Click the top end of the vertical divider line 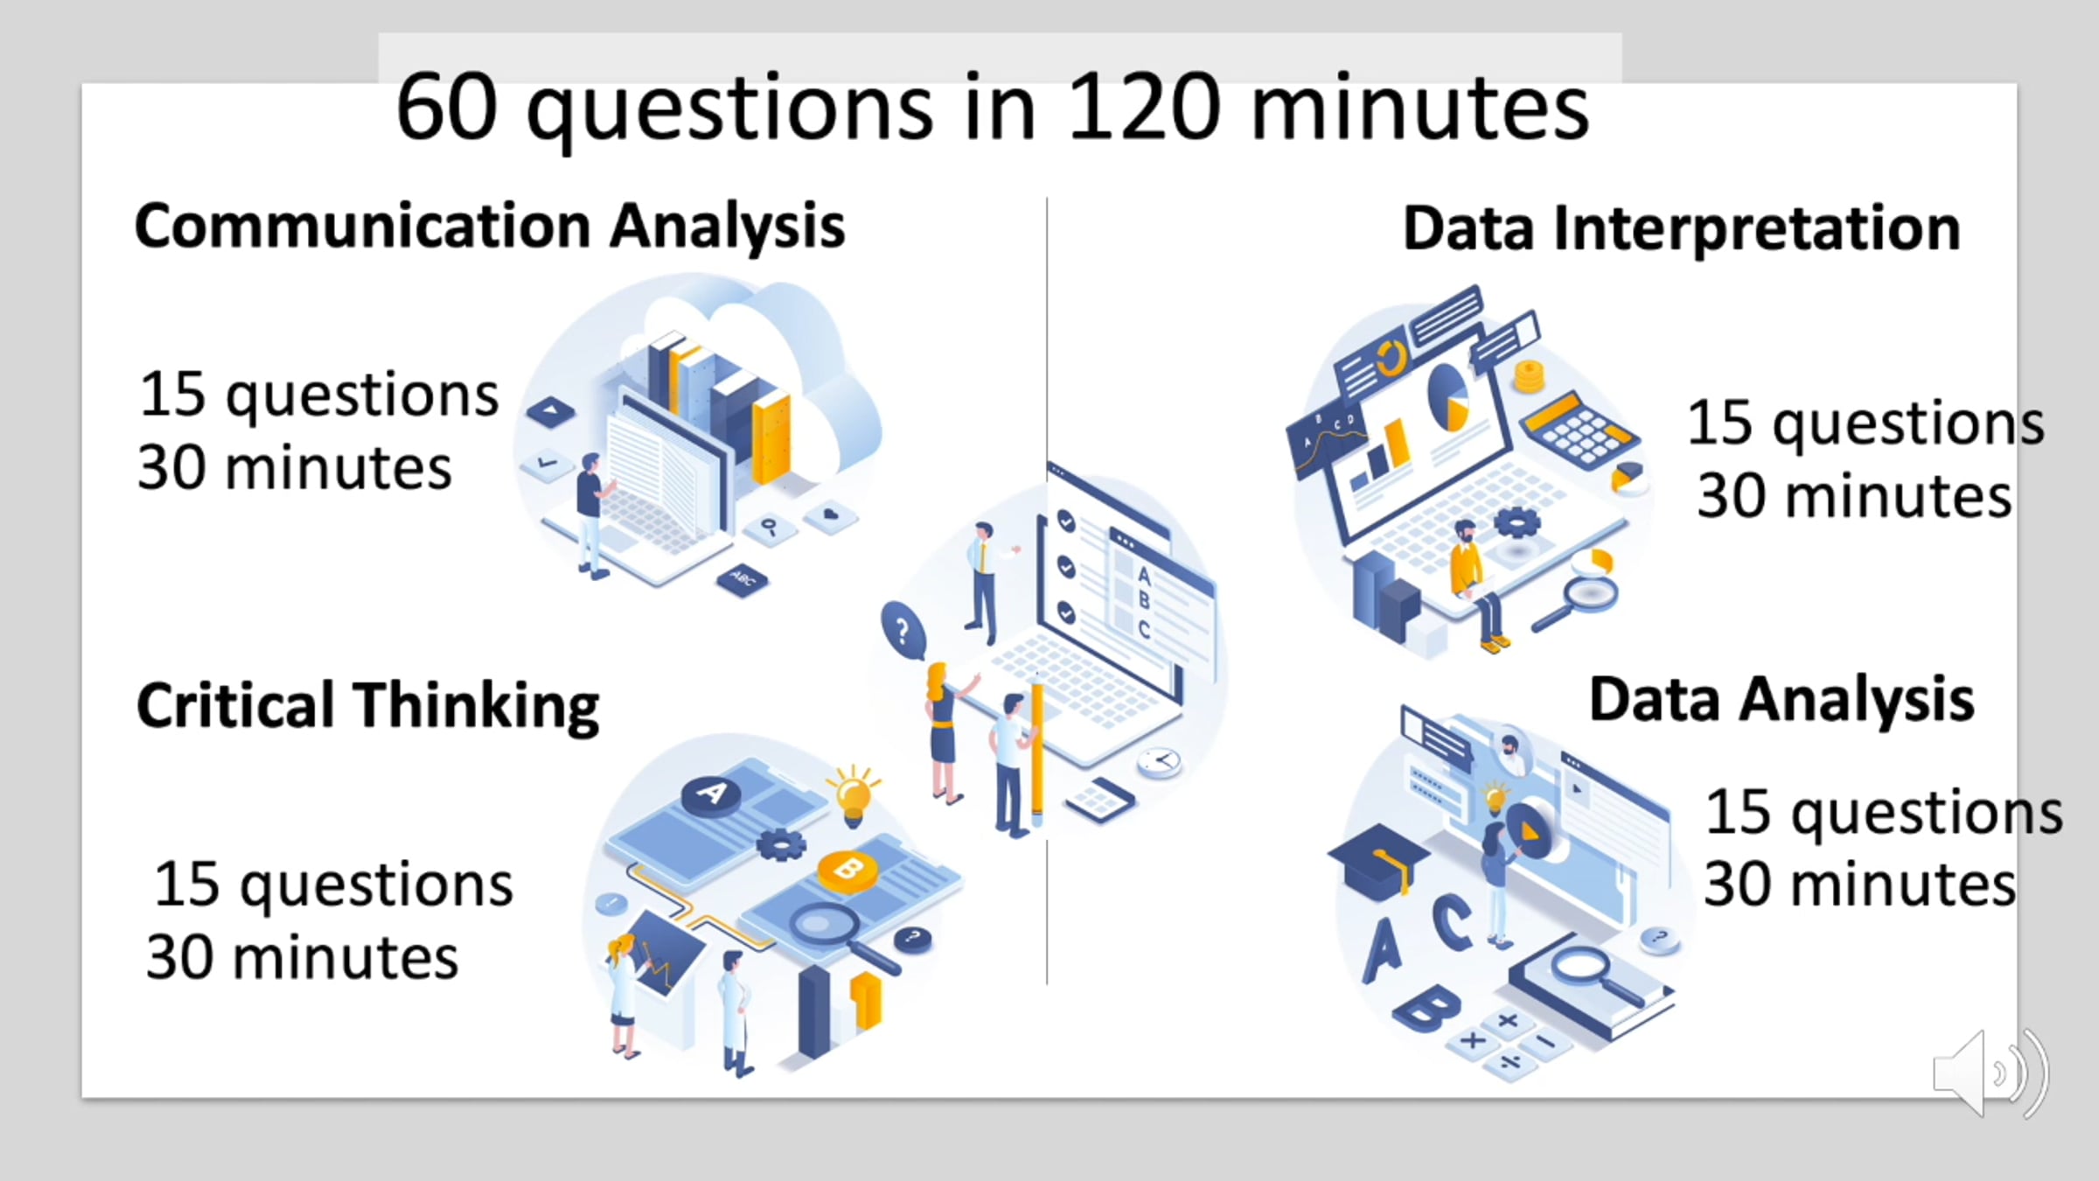[1047, 199]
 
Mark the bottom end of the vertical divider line [1047, 985]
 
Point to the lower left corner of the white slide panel [82, 1097]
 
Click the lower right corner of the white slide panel [2017, 1097]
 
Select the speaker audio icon [1991, 1073]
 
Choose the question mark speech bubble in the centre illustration [903, 631]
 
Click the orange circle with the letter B [847, 871]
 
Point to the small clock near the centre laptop [1160, 762]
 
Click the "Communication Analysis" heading [490, 227]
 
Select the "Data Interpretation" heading [1681, 228]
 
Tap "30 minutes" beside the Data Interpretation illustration [1854, 495]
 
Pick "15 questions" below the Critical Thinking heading [333, 886]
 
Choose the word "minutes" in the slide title [1420, 108]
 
